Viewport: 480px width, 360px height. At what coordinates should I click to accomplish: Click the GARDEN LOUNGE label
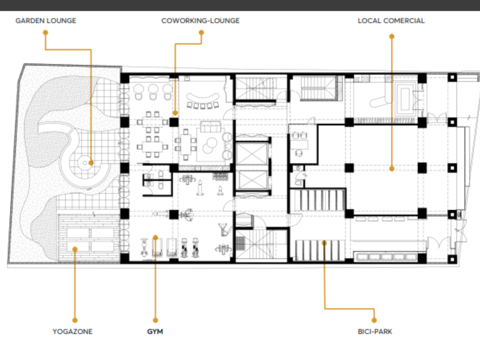pyautogui.click(x=46, y=21)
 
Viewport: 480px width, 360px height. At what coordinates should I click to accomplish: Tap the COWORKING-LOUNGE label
pyautogui.click(x=201, y=21)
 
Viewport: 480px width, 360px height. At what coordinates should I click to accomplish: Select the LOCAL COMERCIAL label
pyautogui.click(x=391, y=21)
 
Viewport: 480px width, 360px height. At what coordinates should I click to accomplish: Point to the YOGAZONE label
pyautogui.click(x=73, y=331)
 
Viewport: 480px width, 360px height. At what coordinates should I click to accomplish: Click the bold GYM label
pyautogui.click(x=155, y=331)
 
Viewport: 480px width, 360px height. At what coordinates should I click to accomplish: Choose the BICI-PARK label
pyautogui.click(x=375, y=331)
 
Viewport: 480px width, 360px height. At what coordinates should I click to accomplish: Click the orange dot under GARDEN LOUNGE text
pyautogui.click(x=46, y=33)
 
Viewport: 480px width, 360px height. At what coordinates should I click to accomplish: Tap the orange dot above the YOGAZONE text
pyautogui.click(x=75, y=320)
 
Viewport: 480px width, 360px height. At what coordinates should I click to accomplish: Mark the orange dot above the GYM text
pyautogui.click(x=155, y=320)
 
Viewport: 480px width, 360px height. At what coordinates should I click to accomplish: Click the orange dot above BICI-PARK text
pyautogui.click(x=374, y=320)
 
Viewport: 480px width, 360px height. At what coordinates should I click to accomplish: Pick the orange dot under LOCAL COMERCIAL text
pyautogui.click(x=391, y=37)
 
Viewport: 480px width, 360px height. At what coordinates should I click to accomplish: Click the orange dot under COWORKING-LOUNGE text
pyautogui.click(x=201, y=33)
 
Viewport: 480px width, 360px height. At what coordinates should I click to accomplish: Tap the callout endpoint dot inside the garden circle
pyautogui.click(x=91, y=163)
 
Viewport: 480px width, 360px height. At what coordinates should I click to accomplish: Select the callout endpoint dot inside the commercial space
pyautogui.click(x=392, y=169)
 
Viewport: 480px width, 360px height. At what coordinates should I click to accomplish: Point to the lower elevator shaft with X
pyautogui.click(x=252, y=179)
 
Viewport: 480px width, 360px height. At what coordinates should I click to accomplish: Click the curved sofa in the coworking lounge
pyautogui.click(x=203, y=101)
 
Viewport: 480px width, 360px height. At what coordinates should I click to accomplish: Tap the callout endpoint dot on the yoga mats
pyautogui.click(x=75, y=249)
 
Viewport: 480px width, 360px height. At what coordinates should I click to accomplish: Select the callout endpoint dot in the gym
pyautogui.click(x=155, y=237)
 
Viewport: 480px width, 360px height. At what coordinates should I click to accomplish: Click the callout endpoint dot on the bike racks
pyautogui.click(x=325, y=243)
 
